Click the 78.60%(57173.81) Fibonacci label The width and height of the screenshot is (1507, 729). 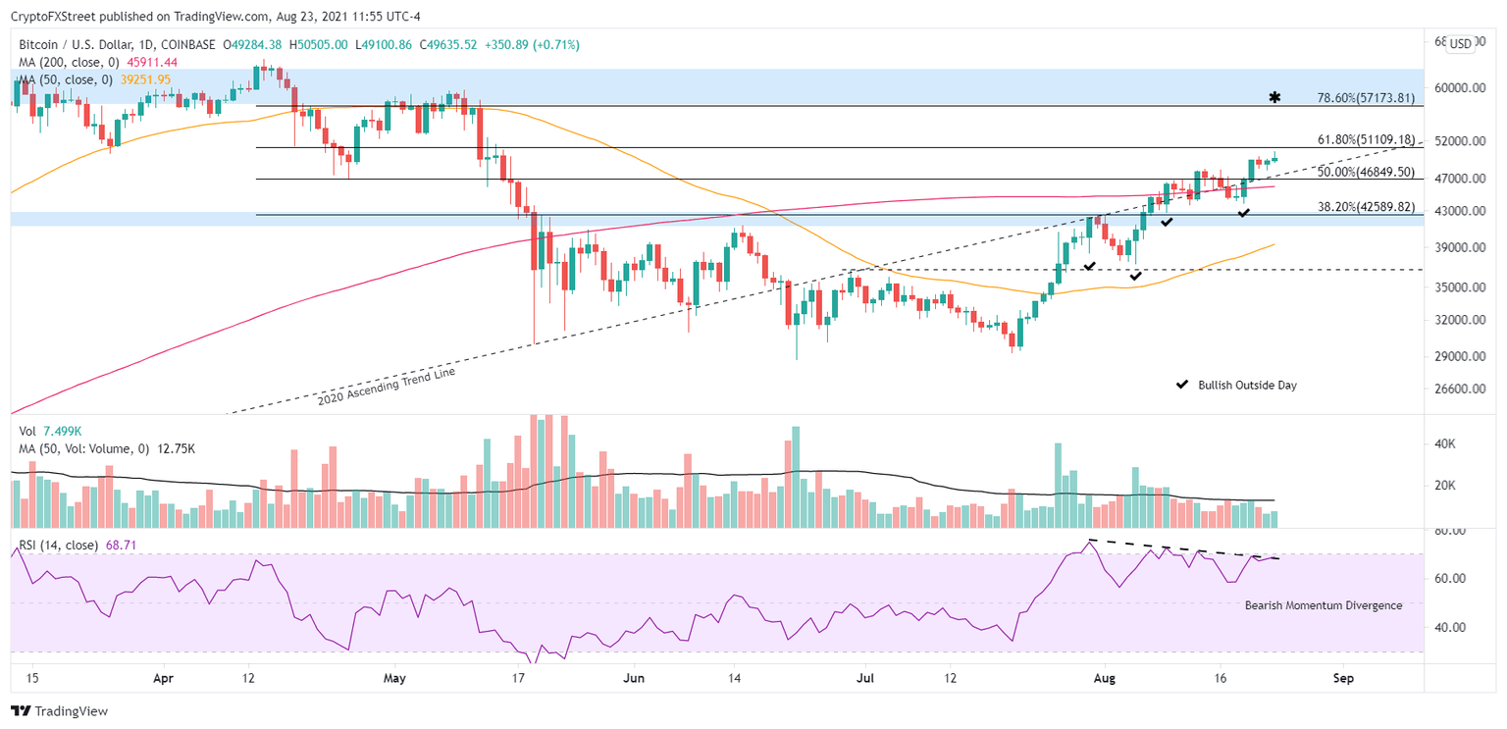1365,98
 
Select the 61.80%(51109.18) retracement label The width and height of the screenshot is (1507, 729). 1365,140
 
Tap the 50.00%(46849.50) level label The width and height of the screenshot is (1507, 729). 1365,172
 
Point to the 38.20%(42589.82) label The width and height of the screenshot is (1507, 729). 1365,207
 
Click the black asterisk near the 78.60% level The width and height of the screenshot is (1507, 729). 1274,97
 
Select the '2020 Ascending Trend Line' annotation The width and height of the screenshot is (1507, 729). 387,386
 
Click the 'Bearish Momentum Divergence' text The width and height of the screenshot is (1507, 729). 1323,605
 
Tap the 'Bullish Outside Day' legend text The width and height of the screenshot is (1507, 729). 1247,386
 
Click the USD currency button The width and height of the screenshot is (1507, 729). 1460,43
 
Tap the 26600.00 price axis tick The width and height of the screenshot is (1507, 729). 1457,390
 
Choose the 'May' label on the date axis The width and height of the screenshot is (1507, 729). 394,678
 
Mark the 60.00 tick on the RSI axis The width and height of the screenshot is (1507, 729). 1451,579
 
